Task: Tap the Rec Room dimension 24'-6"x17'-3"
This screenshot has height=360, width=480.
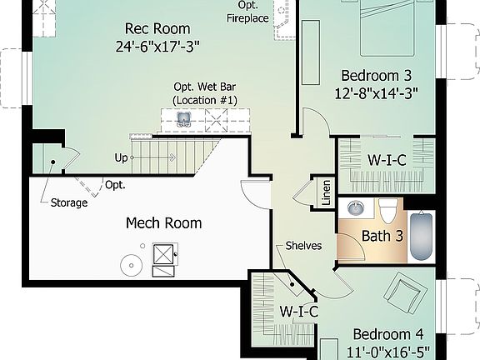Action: point(157,46)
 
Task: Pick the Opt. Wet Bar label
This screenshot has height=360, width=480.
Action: point(205,93)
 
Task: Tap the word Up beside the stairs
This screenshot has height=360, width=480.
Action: point(122,157)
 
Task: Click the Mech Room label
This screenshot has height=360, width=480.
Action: point(163,223)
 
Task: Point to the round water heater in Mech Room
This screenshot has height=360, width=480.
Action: point(131,267)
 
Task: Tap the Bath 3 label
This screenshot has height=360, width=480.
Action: point(382,236)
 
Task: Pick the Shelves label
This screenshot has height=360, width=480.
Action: point(303,246)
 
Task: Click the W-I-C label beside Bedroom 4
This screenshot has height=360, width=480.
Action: point(298,312)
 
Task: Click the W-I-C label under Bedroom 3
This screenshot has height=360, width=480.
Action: point(387,159)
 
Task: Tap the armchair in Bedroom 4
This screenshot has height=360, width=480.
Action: point(407,295)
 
